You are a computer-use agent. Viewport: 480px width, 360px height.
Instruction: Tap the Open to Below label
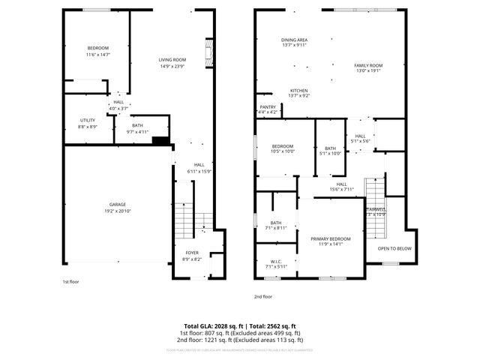(x=394, y=248)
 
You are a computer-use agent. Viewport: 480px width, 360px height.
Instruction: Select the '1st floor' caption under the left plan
(x=70, y=281)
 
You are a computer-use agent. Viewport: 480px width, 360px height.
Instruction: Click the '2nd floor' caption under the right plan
(x=262, y=296)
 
